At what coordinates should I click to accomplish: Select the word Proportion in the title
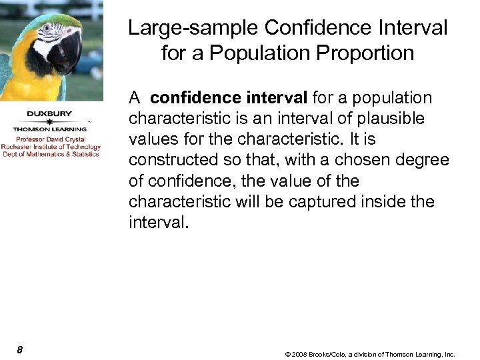[370, 53]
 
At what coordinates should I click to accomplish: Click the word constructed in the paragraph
[174, 160]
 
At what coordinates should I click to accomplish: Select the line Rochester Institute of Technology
[51, 147]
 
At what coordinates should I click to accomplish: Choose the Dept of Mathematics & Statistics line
[51, 154]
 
